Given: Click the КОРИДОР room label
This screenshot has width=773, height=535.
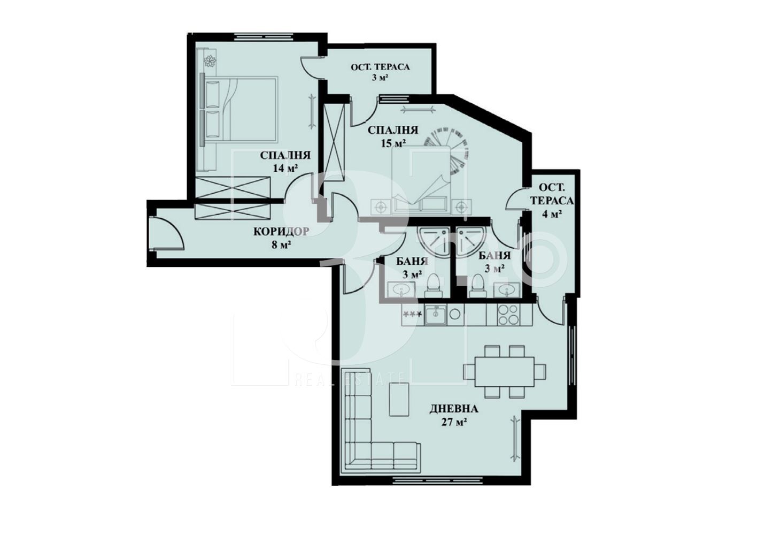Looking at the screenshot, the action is tap(281, 231).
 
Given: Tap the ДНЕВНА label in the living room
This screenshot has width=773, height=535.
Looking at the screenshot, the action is tap(454, 409).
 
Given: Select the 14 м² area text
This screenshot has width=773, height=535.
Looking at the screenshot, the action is tap(285, 168).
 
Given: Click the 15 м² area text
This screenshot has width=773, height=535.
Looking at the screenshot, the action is tap(393, 143).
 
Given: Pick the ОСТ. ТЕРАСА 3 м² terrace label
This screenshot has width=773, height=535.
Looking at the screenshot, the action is tap(380, 72).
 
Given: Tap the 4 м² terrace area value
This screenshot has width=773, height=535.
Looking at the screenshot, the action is tap(552, 214).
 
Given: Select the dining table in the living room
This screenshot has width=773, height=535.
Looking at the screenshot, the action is tap(505, 372).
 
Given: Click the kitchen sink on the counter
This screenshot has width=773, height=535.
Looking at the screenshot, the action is tap(436, 315).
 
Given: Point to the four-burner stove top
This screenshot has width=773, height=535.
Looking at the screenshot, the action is tap(508, 315).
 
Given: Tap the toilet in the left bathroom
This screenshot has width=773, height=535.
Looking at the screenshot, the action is tap(433, 285).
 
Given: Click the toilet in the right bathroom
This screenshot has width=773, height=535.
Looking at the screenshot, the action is tap(477, 285).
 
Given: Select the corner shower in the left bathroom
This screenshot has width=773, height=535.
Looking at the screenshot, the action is tap(434, 242).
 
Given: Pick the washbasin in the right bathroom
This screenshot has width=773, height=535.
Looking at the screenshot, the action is tap(506, 289).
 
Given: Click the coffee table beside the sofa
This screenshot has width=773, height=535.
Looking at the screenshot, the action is tap(399, 399).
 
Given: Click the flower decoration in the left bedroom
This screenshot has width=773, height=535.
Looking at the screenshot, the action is tap(210, 62).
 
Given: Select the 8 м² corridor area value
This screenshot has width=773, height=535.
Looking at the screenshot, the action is tap(281, 244).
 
